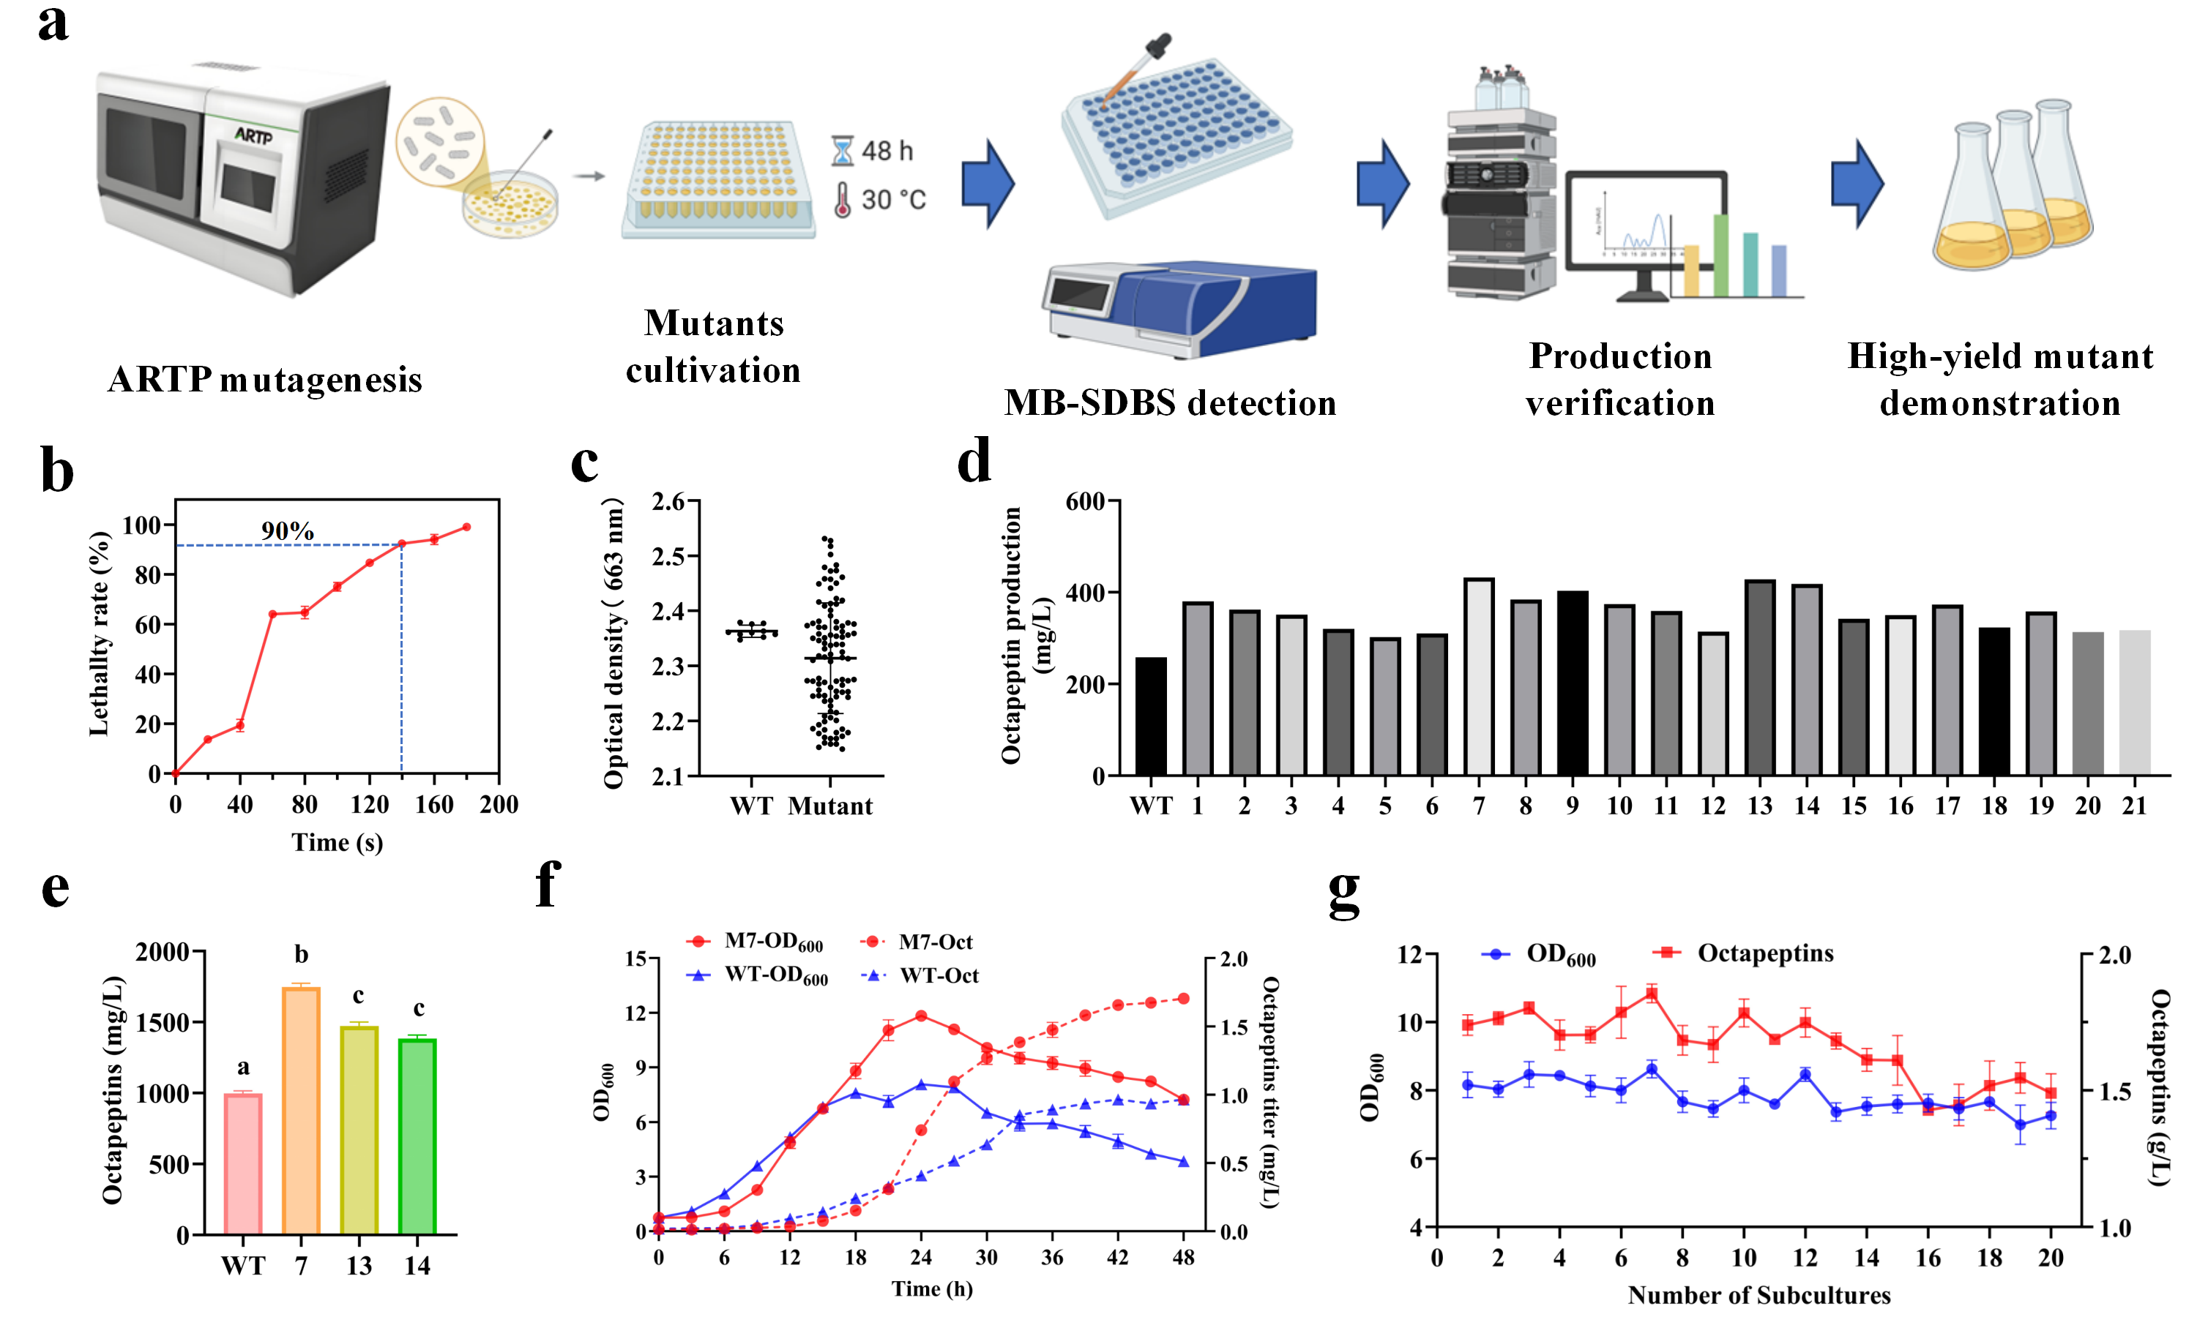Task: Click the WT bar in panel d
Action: pos(1151,716)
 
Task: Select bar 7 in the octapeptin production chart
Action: pos(1478,677)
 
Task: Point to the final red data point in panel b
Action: pos(467,527)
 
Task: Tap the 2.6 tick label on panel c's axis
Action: pos(668,503)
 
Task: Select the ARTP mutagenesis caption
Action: pos(264,380)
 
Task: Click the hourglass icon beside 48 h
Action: pos(842,151)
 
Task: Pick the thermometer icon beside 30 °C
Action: pos(842,200)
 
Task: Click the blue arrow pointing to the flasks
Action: pos(1857,184)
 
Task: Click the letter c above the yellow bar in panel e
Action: pos(358,995)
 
